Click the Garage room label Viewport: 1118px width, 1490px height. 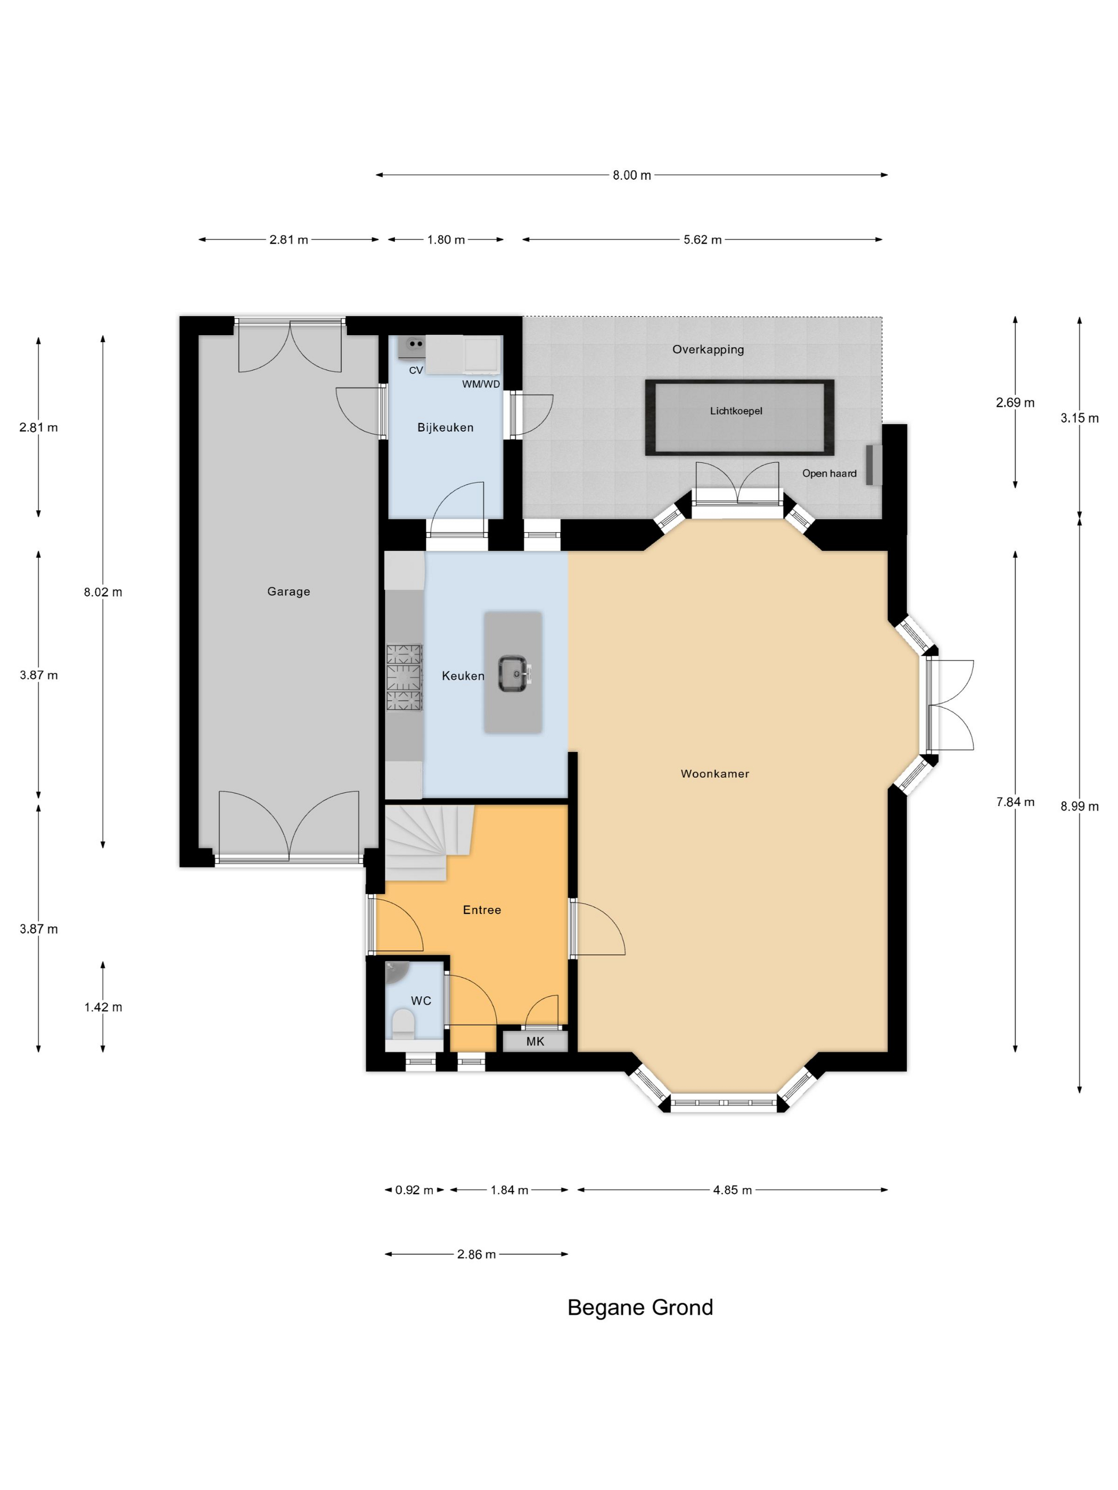[x=289, y=591]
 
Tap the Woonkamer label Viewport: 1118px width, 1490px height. [x=714, y=774]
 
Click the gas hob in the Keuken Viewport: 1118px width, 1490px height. [x=404, y=677]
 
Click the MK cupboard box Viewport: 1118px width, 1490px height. [x=535, y=1041]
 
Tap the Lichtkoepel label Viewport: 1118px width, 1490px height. [x=736, y=411]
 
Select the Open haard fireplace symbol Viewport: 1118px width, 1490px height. [x=874, y=465]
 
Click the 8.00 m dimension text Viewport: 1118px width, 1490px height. [x=631, y=175]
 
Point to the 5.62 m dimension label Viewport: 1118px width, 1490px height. [x=702, y=240]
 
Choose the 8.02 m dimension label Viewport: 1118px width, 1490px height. [x=103, y=592]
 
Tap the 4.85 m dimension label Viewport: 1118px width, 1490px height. [x=732, y=1190]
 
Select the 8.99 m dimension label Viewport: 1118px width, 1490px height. [x=1079, y=806]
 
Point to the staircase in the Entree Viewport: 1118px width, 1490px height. [x=429, y=842]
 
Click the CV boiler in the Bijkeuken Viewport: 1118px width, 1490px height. [x=411, y=346]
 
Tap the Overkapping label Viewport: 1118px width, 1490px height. [x=708, y=350]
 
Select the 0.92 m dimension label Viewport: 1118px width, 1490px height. [x=414, y=1190]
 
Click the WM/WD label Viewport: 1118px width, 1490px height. [x=481, y=384]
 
